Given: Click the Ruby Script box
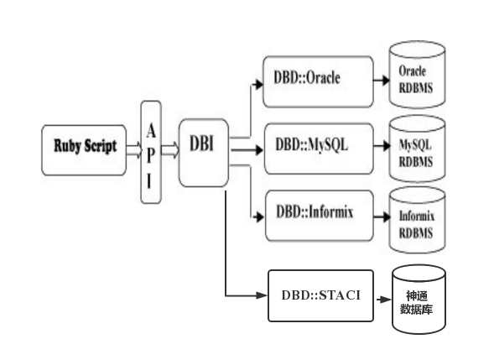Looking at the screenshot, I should pos(85,149).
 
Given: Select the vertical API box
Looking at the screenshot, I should pos(151,151).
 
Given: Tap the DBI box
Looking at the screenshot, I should pos(203,151).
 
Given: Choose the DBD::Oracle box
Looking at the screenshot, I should pos(318,81).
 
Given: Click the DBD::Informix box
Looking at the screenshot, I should pos(318,212).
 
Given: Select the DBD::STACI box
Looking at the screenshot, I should pos(320,295).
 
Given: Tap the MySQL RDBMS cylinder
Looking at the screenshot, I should pos(417,150).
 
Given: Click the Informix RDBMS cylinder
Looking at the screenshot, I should pos(417,220).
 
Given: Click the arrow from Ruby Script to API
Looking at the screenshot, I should pos(133,150).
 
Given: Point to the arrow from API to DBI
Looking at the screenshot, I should pos(170,150).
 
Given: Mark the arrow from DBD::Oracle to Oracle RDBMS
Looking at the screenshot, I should pos(382,81).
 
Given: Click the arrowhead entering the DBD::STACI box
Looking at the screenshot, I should pos(263,295).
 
